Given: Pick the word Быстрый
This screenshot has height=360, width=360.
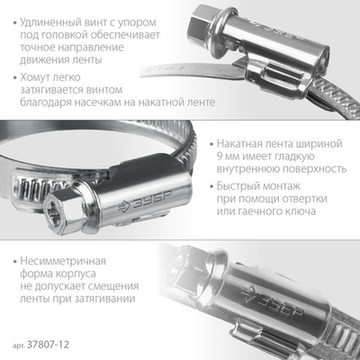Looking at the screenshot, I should click(244, 186).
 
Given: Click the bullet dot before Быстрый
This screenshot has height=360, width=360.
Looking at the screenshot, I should click(210, 186).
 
